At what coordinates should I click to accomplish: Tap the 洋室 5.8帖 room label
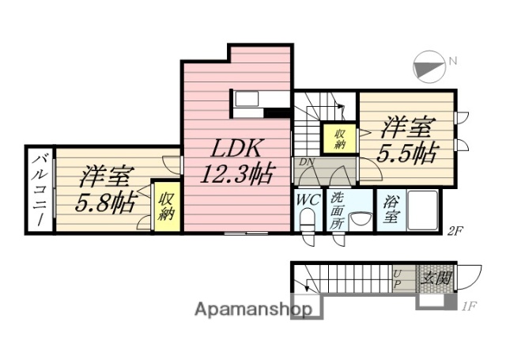pyautogui.click(x=104, y=191)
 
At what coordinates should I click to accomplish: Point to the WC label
pyautogui.click(x=308, y=200)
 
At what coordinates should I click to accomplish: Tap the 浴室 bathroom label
pyautogui.click(x=390, y=210)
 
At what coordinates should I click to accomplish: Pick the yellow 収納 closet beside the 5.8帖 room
pyautogui.click(x=166, y=205)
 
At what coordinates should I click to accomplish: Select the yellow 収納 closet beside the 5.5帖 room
pyautogui.click(x=339, y=139)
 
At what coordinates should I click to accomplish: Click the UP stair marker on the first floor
pyautogui.click(x=398, y=279)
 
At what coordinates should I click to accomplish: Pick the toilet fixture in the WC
pyautogui.click(x=308, y=222)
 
